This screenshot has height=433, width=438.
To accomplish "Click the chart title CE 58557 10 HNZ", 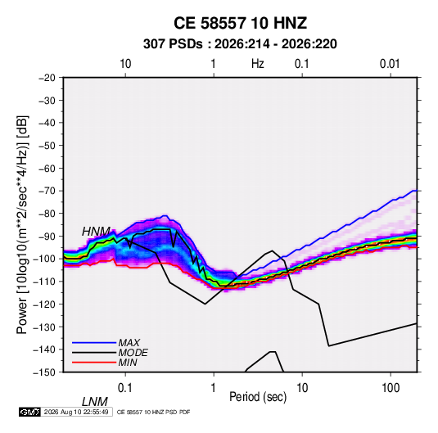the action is coord(240,23).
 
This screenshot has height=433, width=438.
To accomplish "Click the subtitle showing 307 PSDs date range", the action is coord(240,44).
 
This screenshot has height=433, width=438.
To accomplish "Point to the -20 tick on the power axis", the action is coord(47,78).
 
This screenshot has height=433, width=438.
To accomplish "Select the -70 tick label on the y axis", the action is coord(47,191).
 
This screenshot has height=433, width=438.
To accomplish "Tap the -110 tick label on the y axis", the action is coord(44,282).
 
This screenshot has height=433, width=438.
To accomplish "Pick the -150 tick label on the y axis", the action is coord(44,372).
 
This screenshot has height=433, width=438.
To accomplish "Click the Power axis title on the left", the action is coord(22,225).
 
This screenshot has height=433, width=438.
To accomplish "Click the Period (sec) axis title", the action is coord(258,397).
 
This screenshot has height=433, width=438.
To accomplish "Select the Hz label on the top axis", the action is coord(258,64).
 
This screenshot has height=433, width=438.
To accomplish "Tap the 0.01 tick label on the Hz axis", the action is coord(390,64).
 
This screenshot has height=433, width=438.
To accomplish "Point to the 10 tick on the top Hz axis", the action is coord(125,64).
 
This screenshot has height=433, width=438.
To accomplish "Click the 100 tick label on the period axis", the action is coord(391,388).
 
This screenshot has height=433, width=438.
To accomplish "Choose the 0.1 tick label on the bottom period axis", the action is coord(125,388).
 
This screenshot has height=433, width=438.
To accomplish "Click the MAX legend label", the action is coord(129,342).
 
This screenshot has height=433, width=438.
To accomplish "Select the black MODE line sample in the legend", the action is coord(94,353).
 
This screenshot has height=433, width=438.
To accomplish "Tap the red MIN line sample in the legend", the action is coord(94,363).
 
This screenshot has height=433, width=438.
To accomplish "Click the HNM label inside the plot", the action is coord(96,232).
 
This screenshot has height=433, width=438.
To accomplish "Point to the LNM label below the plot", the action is coord(95,402).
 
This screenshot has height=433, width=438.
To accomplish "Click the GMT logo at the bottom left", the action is coord(30,412).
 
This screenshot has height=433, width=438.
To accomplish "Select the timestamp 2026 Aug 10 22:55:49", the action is coord(76,412).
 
